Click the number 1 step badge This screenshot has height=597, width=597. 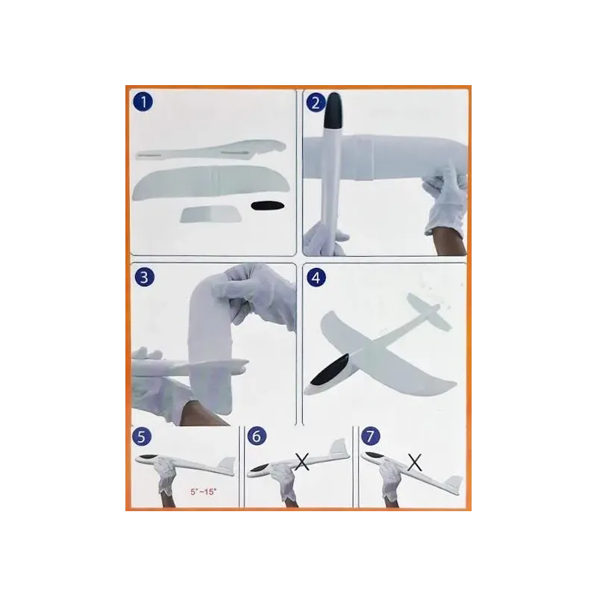click(143, 101)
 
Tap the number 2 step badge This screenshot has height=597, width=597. click(316, 102)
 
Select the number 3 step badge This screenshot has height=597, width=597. click(144, 277)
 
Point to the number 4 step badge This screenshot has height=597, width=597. click(316, 278)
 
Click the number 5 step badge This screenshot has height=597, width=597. click(142, 437)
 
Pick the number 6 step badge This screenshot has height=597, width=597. click(257, 437)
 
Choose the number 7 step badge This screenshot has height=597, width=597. click(370, 436)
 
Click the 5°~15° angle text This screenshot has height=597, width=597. click(203, 492)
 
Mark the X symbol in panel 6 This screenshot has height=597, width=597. click(302, 462)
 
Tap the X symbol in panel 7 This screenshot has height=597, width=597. click(415, 462)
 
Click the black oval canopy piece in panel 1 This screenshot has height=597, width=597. click(267, 206)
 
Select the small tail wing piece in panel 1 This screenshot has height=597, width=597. click(211, 213)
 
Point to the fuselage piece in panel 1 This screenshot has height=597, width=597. click(211, 151)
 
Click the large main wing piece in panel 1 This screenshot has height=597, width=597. click(211, 183)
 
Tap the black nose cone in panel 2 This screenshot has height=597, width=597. click(332, 110)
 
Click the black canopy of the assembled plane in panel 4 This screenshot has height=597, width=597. click(329, 369)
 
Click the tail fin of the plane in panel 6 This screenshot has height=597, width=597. click(340, 447)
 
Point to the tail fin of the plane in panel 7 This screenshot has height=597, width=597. click(454, 484)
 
